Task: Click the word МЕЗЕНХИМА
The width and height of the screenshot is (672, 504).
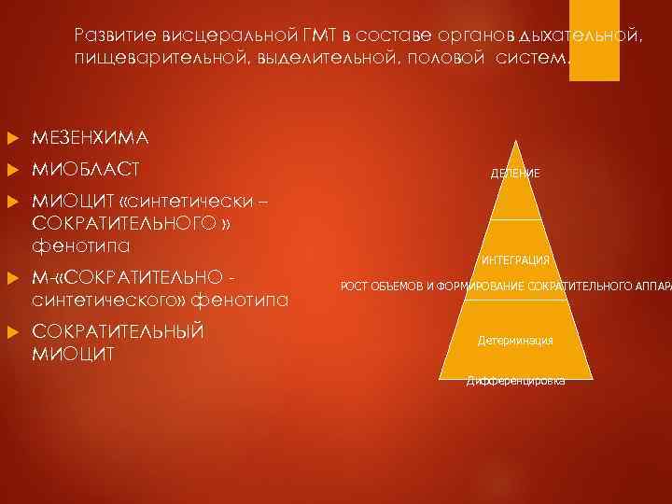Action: click(x=90, y=138)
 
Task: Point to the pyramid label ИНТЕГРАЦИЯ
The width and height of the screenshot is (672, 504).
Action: click(x=516, y=260)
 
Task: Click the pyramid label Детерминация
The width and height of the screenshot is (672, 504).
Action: click(x=516, y=341)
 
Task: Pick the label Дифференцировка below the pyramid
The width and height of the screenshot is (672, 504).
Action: click(x=516, y=381)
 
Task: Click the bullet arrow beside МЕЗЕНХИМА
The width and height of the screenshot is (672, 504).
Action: click(x=13, y=139)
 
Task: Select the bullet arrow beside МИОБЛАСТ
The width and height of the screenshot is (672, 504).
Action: click(x=13, y=172)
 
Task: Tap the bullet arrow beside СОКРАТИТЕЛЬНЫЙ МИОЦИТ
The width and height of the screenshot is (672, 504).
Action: click(x=13, y=333)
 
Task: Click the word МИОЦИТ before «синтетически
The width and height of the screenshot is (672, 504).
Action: click(x=68, y=203)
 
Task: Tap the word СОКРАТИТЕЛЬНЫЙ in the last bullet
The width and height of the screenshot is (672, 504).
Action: click(x=118, y=332)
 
